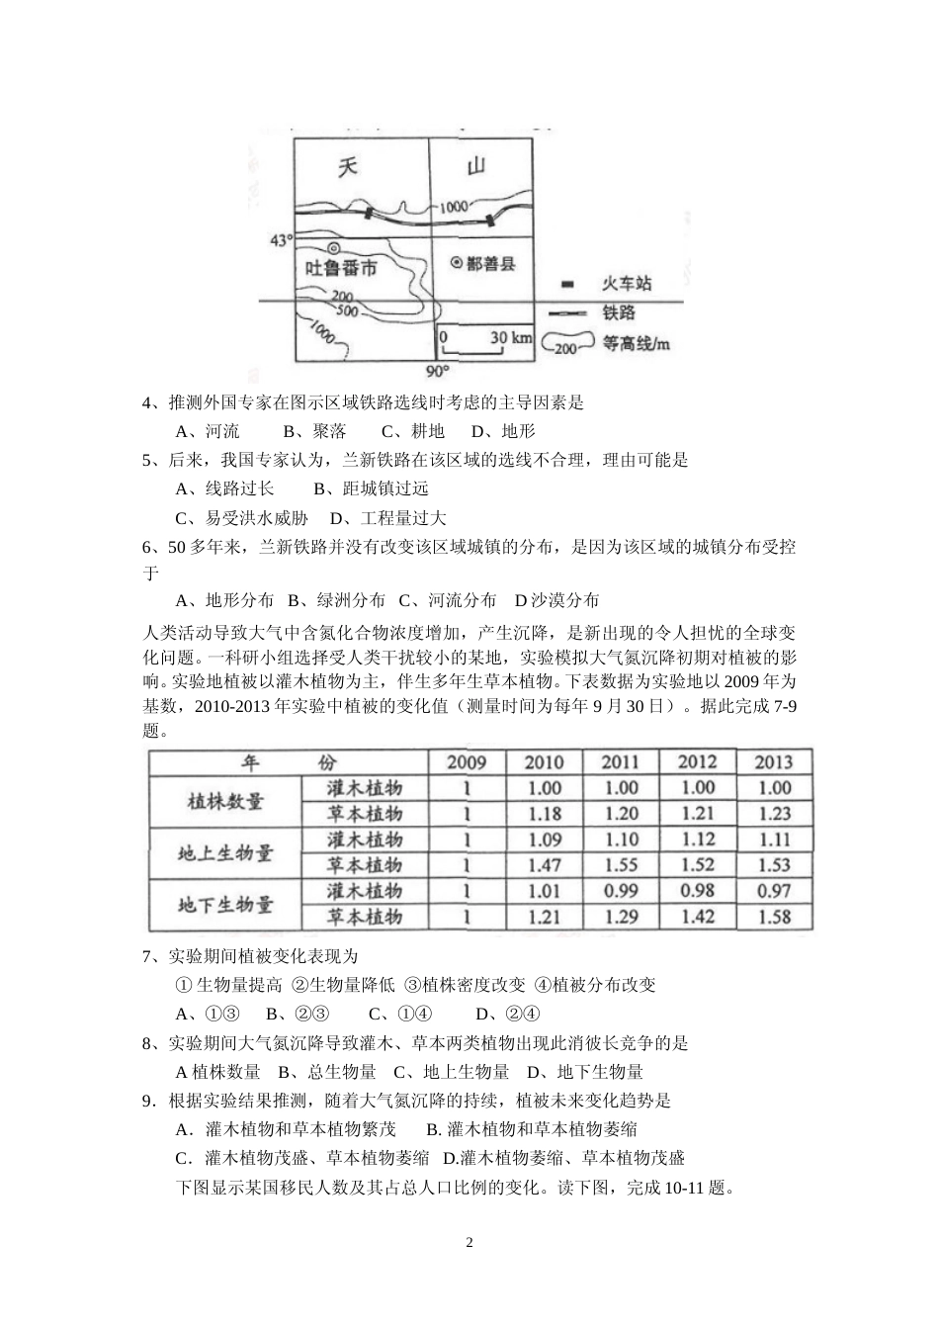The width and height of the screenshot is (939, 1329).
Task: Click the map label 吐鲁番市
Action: coord(341,268)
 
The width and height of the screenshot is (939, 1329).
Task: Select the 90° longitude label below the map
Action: coord(436,371)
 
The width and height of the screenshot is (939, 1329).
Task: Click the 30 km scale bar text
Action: coord(510,338)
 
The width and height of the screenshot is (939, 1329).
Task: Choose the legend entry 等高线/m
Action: coord(637,344)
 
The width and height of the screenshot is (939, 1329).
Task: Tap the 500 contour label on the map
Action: coord(348,310)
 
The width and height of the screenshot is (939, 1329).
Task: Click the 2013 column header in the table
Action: coord(773,761)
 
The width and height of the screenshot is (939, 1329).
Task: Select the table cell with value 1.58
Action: coord(773,917)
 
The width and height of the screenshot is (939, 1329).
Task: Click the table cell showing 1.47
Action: coord(544,865)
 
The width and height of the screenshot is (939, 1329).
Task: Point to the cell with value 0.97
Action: coord(773,891)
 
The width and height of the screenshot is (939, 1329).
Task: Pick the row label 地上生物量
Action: coord(225,852)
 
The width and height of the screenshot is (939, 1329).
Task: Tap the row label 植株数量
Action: coord(225,801)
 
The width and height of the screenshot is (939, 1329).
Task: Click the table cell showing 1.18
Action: coord(544,814)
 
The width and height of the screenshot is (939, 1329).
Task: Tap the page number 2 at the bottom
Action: coord(469,1243)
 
